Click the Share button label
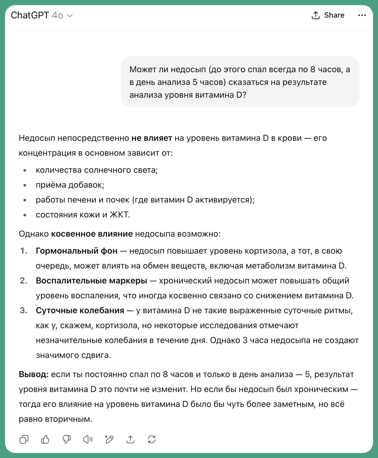pyautogui.click(x=334, y=15)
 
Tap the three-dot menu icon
pyautogui.click(x=362, y=15)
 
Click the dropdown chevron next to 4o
pyautogui.click(x=70, y=16)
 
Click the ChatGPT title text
pyautogui.click(x=30, y=15)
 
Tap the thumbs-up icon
pyautogui.click(x=45, y=439)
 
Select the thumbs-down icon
pyautogui.click(x=67, y=439)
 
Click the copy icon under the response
pyautogui.click(x=24, y=439)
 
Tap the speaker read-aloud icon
pyautogui.click(x=88, y=439)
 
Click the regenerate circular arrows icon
pyautogui.click(x=152, y=439)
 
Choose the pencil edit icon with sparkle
pyautogui.click(x=109, y=439)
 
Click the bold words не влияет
pyautogui.click(x=151, y=138)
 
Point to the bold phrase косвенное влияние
pyautogui.click(x=92, y=234)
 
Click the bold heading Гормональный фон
pyautogui.click(x=76, y=251)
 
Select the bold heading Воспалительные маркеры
pyautogui.click(x=91, y=281)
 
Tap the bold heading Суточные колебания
pyautogui.click(x=80, y=311)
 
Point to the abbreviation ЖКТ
pyautogui.click(x=120, y=215)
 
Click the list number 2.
pyautogui.click(x=24, y=281)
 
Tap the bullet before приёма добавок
pyautogui.click(x=25, y=185)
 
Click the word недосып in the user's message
pyautogui.click(x=188, y=69)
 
